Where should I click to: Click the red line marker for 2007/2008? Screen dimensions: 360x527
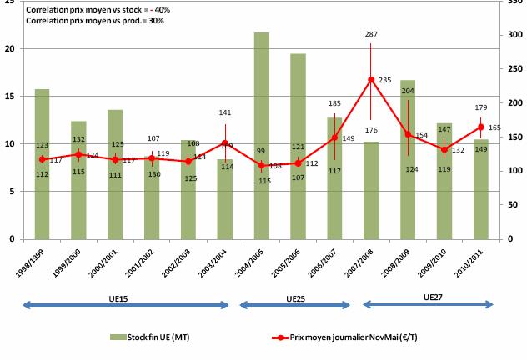pyautogui.click(x=370, y=80)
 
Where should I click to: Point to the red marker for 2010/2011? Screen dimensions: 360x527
pyautogui.click(x=480, y=127)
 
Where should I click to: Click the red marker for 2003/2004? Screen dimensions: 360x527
pyautogui.click(x=224, y=143)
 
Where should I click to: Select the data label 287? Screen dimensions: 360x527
pyautogui.click(x=372, y=35)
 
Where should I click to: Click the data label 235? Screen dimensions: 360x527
pyautogui.click(x=385, y=81)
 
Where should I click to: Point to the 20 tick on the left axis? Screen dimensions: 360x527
pyautogui.click(x=10, y=49)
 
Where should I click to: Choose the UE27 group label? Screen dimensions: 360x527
pyautogui.click(x=433, y=296)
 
